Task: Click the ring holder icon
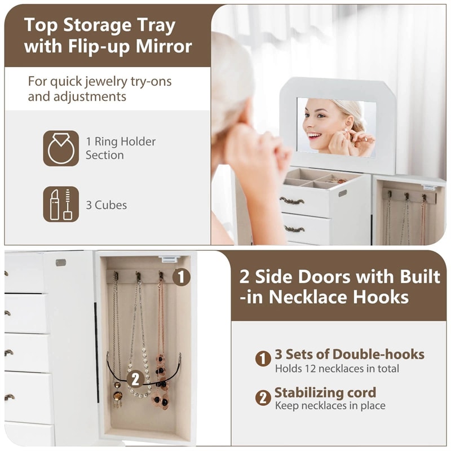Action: [61, 148]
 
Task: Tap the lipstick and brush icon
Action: [61, 204]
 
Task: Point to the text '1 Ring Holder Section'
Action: [120, 148]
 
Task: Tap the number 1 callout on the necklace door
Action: [181, 277]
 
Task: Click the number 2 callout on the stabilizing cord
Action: [135, 378]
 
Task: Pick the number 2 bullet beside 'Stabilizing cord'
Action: [263, 397]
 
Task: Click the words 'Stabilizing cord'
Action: [325, 392]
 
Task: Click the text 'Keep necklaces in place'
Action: [330, 405]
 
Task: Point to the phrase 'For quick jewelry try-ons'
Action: [100, 81]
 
